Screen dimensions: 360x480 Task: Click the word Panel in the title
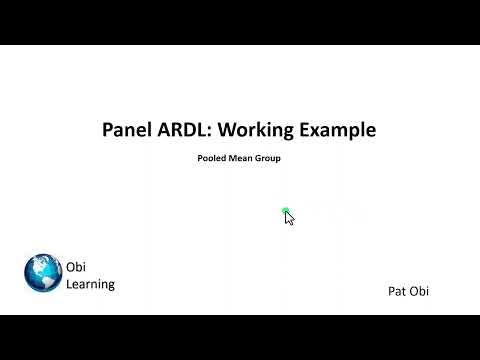coord(128,129)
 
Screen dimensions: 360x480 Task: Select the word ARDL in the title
coord(184,129)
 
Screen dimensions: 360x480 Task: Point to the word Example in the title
coord(337,130)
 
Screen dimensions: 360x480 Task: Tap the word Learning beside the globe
coord(90,284)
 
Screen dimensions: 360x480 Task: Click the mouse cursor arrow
coord(289,218)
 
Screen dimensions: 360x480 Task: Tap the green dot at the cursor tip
coord(286,212)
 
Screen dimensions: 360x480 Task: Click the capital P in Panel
coord(109,129)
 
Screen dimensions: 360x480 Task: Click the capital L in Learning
coord(69,284)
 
